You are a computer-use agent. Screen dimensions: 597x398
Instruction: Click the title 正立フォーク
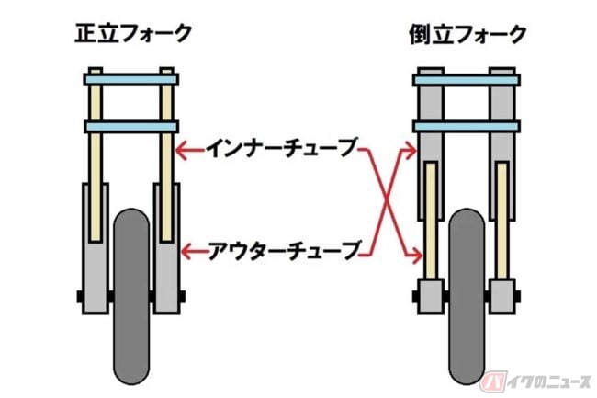(x=133, y=33)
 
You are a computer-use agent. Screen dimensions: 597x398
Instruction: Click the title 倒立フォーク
(x=467, y=34)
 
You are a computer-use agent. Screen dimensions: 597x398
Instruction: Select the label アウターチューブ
(x=284, y=251)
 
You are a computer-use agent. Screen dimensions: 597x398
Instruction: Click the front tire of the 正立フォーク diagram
(x=131, y=296)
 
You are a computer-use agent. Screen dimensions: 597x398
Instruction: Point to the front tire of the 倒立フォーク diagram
(x=467, y=296)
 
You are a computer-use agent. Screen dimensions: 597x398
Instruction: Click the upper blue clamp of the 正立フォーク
(x=131, y=80)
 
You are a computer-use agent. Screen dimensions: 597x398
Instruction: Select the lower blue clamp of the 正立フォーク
(x=131, y=127)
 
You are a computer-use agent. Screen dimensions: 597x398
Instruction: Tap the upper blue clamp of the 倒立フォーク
(x=467, y=80)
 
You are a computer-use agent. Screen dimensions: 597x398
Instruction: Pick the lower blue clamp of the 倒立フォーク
(x=467, y=126)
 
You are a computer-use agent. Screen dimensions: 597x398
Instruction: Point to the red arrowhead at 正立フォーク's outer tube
(x=187, y=251)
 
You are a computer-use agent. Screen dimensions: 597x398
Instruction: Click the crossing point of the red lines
(x=387, y=200)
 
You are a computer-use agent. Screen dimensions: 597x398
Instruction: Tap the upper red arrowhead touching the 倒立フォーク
(x=411, y=151)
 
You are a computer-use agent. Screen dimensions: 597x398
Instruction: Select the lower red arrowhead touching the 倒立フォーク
(x=417, y=256)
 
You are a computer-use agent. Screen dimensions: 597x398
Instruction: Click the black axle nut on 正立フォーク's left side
(x=80, y=297)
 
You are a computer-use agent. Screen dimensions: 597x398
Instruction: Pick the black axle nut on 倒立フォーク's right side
(x=517, y=297)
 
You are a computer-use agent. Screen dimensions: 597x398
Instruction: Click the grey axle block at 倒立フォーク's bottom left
(x=431, y=296)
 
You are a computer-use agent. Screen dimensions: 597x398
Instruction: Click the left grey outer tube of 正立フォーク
(x=96, y=248)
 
